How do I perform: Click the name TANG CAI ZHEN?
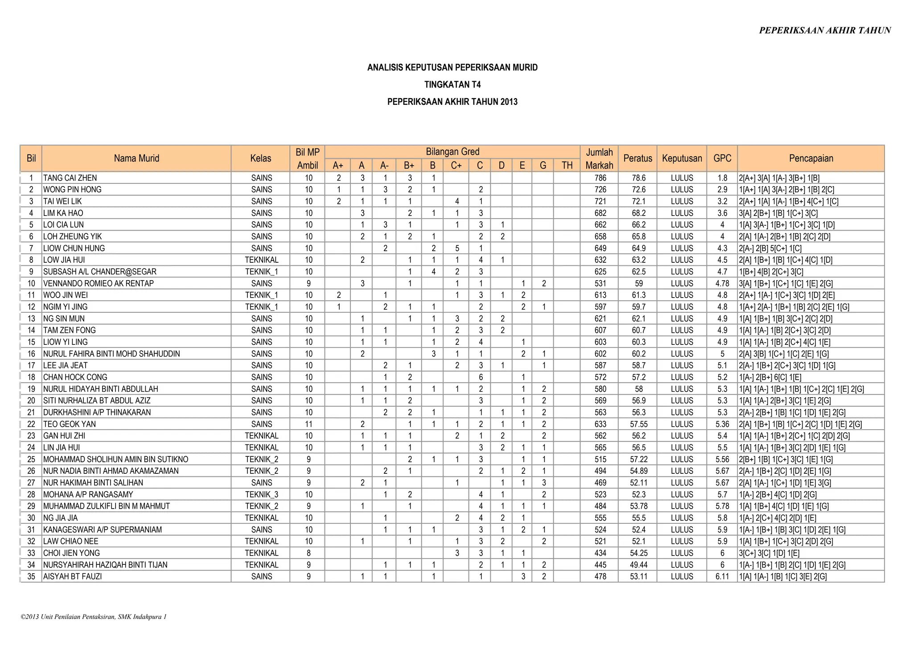70,178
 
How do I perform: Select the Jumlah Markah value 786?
600,178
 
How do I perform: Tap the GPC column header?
722,158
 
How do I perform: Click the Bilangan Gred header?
452,152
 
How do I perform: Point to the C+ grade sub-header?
456,166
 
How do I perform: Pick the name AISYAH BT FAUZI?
72,576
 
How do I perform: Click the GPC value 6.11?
722,576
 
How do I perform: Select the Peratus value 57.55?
638,424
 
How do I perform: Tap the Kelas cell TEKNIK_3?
261,494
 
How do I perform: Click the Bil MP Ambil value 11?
308,424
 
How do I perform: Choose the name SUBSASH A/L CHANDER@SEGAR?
99,272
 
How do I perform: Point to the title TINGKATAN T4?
452,85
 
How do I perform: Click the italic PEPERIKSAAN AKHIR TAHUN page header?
825,30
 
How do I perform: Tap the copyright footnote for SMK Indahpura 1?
94,617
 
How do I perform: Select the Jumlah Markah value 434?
600,553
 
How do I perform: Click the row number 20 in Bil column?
31,401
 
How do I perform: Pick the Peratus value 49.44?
638,565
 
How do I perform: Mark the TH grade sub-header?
567,166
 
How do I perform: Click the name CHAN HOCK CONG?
75,377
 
